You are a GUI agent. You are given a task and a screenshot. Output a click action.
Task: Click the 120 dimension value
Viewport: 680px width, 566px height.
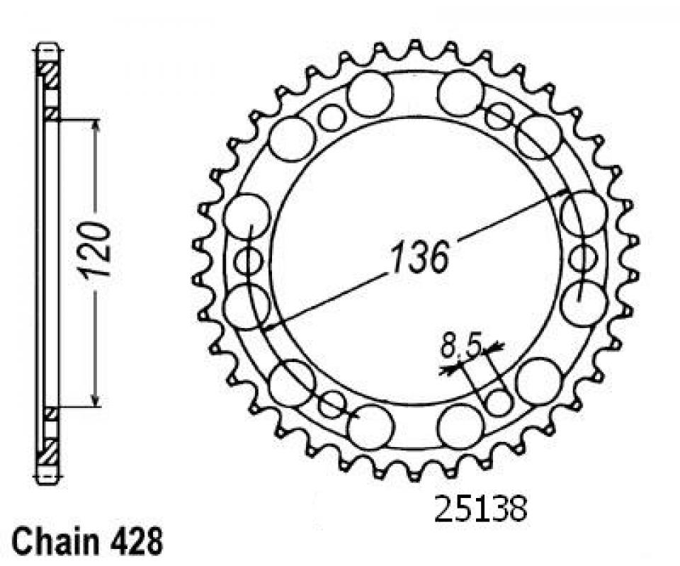point(94,250)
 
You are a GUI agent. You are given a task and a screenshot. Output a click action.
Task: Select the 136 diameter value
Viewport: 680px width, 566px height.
point(419,258)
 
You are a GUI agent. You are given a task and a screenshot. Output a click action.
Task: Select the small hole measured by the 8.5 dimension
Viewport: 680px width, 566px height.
point(499,402)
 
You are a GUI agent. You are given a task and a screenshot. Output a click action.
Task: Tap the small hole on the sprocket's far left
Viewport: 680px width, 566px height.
point(248,261)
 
